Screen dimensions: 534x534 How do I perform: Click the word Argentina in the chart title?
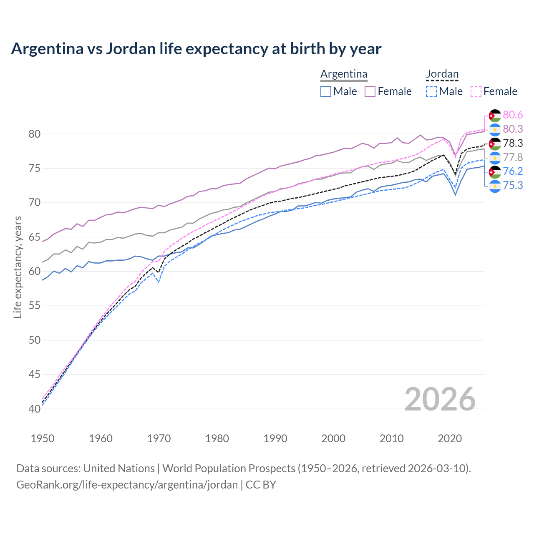pos(47,49)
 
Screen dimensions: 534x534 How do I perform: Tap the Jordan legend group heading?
pos(442,74)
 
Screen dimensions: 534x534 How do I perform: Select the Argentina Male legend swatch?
pos(326,91)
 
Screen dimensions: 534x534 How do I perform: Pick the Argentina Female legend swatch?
pos(370,91)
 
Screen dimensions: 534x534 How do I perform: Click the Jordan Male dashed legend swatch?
pos(431,91)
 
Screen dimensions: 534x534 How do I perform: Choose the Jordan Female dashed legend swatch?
pos(476,91)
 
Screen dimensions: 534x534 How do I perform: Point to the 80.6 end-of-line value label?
pos(513,115)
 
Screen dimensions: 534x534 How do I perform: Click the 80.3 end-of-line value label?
pos(513,129)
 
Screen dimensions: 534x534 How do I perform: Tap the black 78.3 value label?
pos(513,143)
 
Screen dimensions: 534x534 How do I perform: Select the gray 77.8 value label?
pos(513,157)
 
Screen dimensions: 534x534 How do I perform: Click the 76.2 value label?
pos(513,171)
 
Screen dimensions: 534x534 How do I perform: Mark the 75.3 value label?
pos(513,185)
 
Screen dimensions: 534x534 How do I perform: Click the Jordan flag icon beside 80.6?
pos(495,116)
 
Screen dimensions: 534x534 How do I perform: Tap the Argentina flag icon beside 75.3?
pos(495,186)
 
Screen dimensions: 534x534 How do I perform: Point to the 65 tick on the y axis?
pos(35,237)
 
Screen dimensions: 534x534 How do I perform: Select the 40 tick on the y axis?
pos(35,409)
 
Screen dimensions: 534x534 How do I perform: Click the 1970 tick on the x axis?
pos(159,438)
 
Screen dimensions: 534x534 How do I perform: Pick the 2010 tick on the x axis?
pos(391,438)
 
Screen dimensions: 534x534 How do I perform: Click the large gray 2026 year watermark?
pos(440,399)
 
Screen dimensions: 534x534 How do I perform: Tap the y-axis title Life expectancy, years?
pos(18,267)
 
